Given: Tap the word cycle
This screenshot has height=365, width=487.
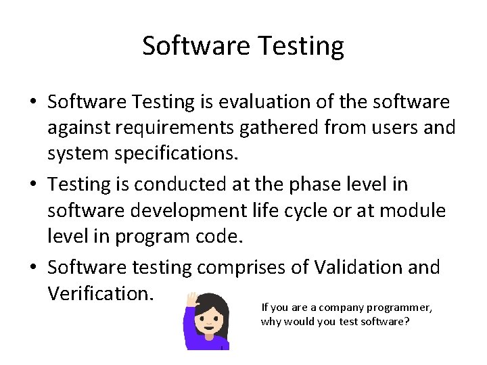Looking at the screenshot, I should click(313, 210).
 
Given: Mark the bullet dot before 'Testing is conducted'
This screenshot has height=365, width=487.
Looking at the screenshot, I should click(32, 185).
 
